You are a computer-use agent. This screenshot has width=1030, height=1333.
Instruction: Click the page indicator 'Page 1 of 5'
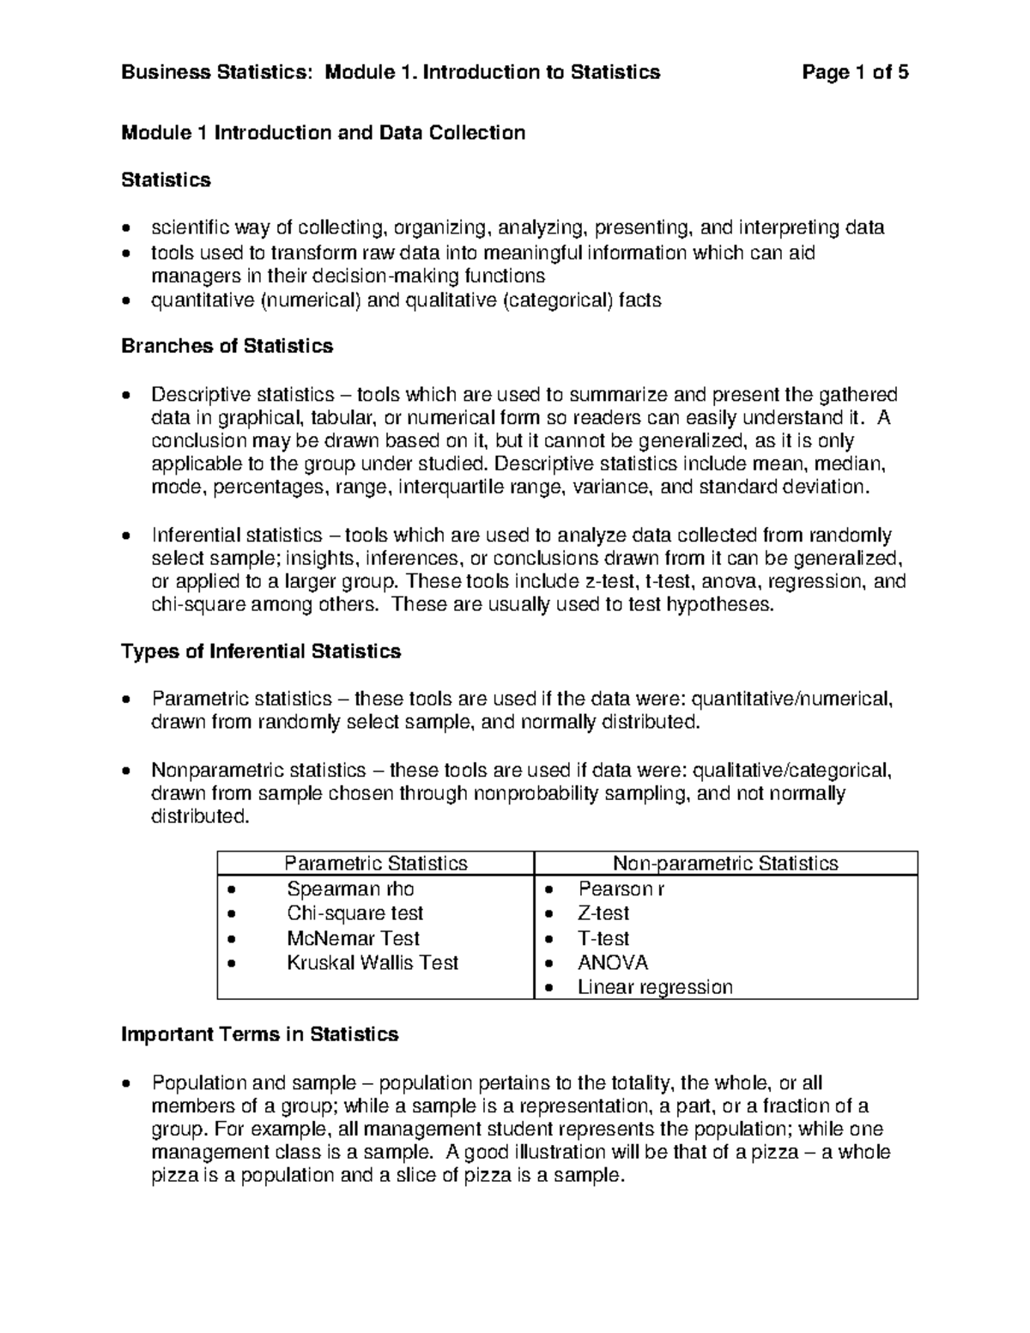(855, 72)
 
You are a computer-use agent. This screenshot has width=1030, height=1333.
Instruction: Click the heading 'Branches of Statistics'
(227, 346)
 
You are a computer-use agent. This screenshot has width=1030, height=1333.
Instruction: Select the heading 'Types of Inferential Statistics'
(261, 651)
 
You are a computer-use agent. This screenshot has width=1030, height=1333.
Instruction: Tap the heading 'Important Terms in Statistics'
(259, 1034)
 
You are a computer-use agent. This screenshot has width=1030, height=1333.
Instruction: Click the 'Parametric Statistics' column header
(375, 863)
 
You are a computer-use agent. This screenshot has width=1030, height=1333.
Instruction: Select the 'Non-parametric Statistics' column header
(725, 863)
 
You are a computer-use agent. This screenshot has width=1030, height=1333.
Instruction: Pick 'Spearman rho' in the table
(350, 888)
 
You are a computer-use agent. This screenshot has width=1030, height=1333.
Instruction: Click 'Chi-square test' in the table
(354, 913)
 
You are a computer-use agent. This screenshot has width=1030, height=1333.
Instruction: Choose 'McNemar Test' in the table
(353, 938)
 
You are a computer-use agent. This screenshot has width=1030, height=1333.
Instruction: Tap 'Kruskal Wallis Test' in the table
(373, 963)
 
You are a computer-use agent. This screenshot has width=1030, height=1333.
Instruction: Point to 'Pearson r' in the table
(621, 888)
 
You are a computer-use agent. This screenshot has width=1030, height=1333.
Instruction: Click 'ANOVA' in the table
(613, 963)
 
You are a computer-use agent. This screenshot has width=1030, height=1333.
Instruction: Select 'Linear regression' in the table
(655, 987)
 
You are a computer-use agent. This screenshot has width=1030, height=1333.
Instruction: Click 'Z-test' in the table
(603, 913)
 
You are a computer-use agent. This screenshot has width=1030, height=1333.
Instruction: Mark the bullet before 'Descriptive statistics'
(127, 397)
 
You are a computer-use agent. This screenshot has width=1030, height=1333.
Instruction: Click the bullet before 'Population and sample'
(127, 1084)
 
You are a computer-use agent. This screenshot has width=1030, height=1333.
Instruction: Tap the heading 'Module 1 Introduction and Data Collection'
(323, 132)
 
